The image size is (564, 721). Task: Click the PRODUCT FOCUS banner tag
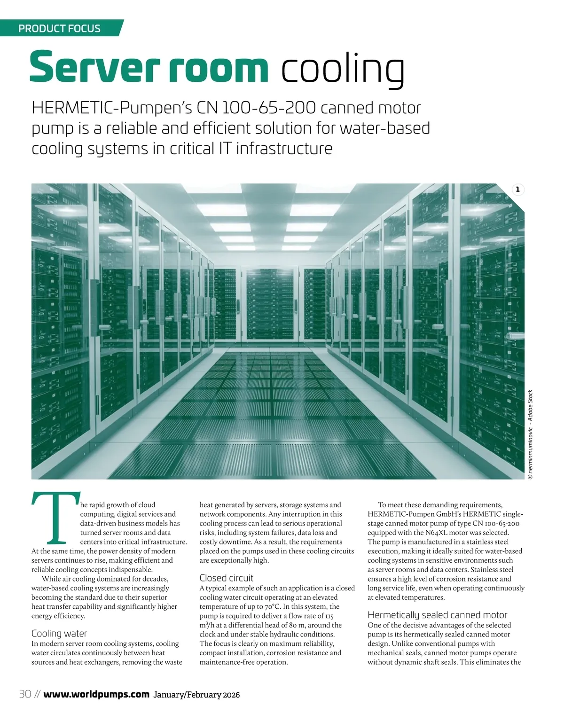pos(60,28)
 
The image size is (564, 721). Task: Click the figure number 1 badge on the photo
pos(517,190)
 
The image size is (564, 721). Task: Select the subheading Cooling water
pos(59,633)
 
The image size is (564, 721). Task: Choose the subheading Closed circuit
pos(227,578)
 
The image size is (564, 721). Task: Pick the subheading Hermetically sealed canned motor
pos(437,615)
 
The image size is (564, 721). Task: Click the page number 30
pos(25,695)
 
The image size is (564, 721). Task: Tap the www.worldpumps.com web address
pos(96,695)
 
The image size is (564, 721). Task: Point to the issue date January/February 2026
pos(196,695)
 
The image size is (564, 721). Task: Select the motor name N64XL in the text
pos(439,533)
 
